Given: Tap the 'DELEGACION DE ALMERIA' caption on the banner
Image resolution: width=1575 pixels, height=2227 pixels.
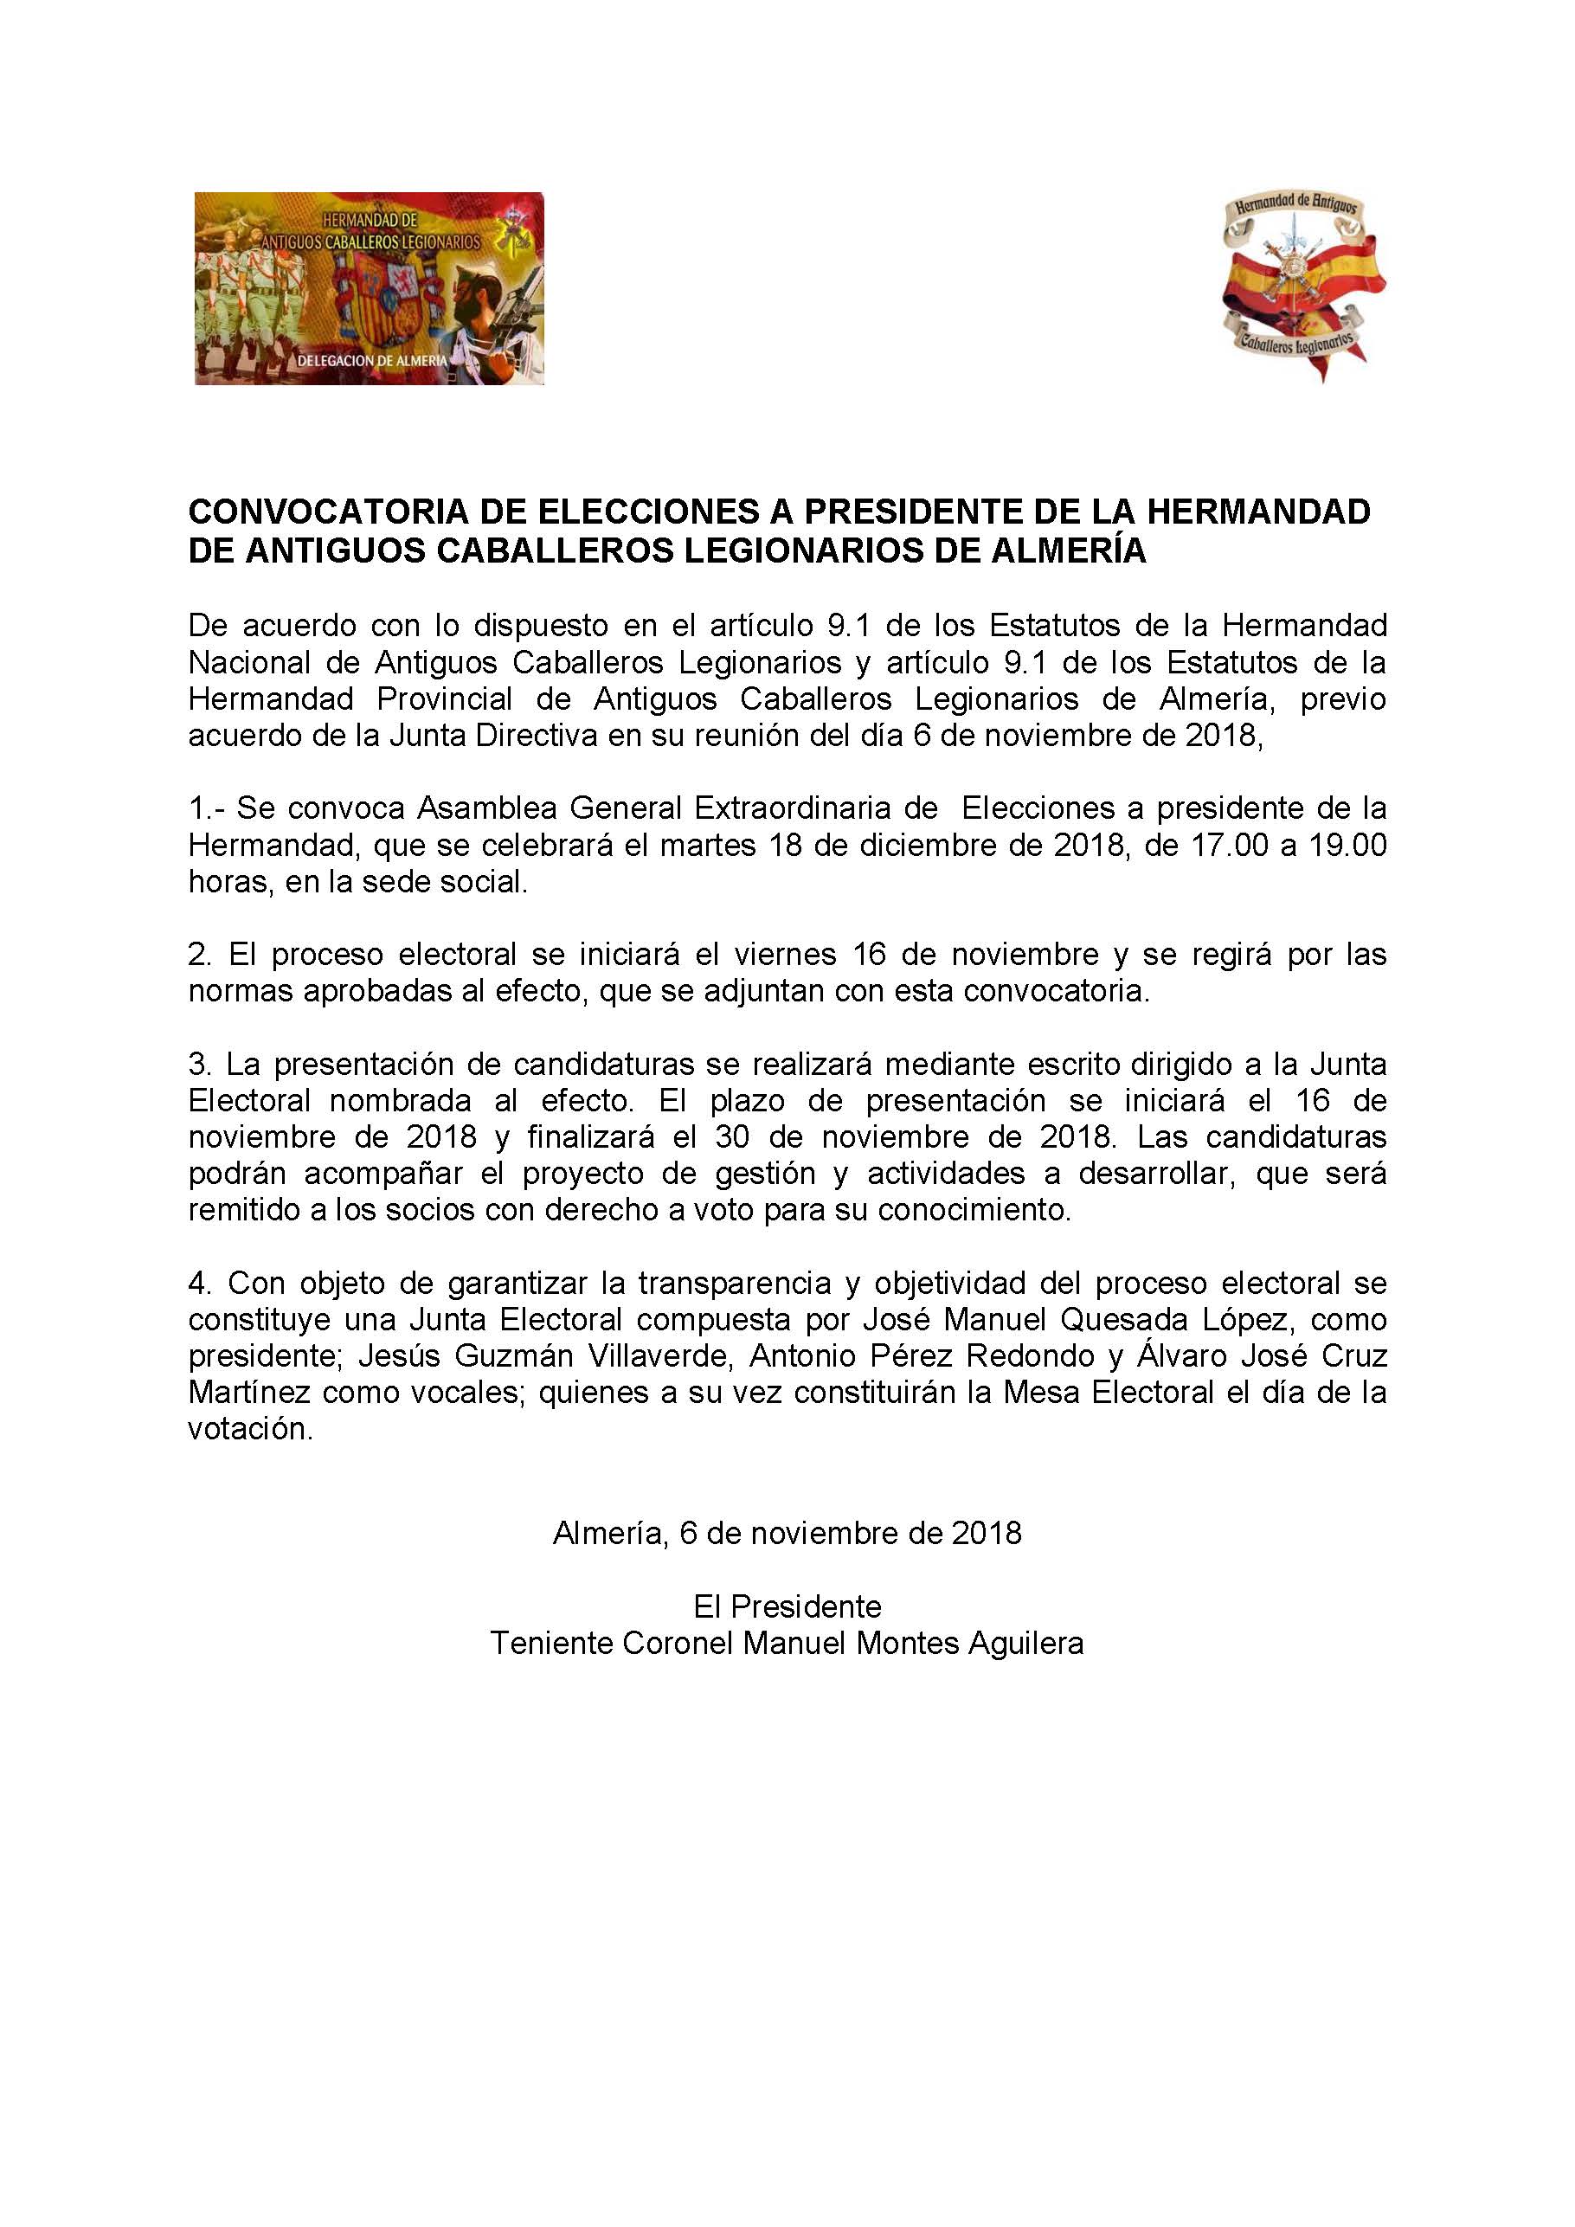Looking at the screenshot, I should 372,360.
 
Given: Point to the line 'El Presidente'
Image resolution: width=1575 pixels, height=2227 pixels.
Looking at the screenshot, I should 787,1607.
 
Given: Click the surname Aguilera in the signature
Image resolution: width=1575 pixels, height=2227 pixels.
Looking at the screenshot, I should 1025,1644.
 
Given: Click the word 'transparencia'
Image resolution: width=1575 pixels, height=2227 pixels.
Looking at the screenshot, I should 734,1284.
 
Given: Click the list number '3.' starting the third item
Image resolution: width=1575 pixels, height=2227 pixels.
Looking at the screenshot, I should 200,1064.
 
